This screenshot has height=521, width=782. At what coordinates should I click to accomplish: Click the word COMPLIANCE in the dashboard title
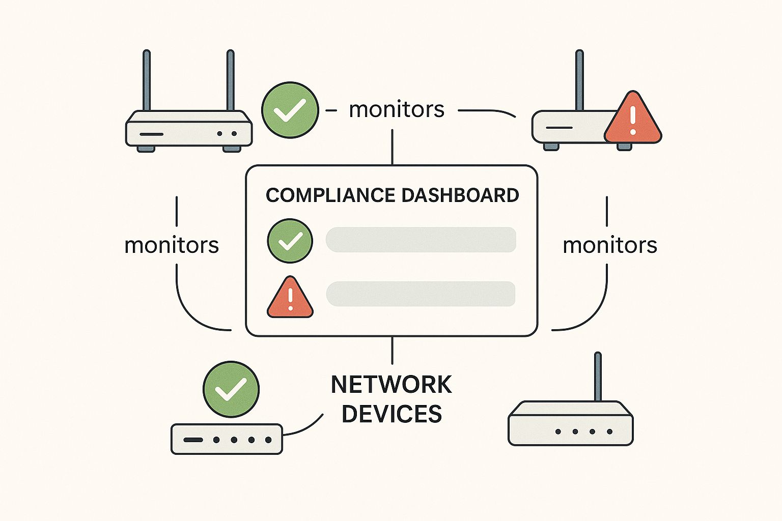coord(330,195)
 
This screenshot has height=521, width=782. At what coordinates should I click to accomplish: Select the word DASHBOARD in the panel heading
coord(460,195)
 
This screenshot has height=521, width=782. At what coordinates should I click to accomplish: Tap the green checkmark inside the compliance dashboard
coord(290,241)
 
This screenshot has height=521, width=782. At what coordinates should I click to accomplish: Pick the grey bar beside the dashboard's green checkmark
coord(421,240)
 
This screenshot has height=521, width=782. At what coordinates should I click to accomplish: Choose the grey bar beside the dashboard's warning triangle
coord(421,294)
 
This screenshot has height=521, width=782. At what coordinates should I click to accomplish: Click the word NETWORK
coord(391,385)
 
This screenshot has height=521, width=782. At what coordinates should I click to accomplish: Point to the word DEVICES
coord(392,414)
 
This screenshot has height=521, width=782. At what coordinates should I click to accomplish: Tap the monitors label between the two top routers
coord(396,109)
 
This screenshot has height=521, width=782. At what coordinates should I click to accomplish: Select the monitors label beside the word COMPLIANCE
coord(172,245)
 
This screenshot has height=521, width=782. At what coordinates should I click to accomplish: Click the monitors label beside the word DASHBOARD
coord(609,245)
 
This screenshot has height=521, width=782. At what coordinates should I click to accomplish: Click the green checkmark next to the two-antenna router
coord(290,110)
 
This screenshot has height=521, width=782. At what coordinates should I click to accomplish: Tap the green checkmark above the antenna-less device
coord(231,389)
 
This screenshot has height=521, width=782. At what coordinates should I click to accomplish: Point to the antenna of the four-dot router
coord(598,377)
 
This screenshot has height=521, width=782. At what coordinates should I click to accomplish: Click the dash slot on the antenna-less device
coord(193,440)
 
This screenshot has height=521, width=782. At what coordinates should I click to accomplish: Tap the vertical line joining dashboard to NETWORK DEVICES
coord(392,350)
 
